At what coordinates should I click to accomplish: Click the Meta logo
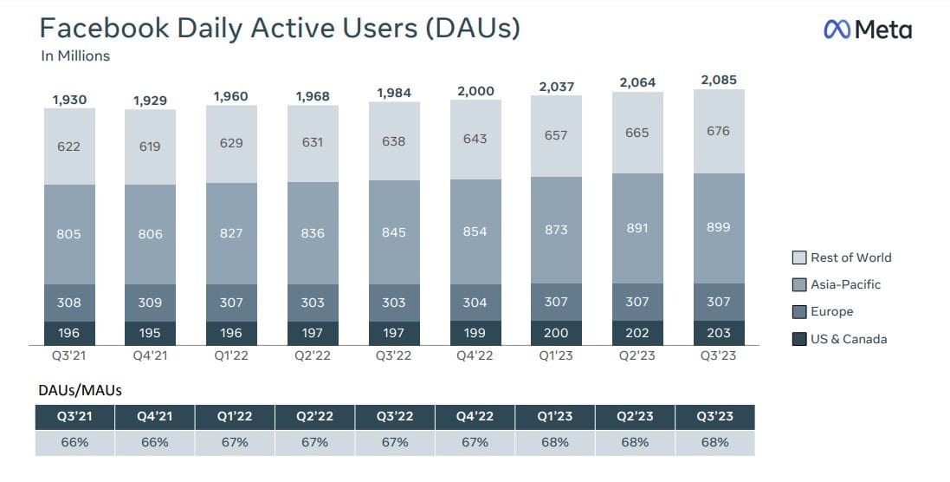866,29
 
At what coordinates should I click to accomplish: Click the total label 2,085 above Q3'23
718,79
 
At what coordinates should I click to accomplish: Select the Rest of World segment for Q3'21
68,147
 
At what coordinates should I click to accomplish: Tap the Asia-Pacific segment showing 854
475,231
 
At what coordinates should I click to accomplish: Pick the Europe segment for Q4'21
150,303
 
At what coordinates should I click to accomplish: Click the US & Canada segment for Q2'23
637,333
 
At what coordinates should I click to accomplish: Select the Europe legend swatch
799,312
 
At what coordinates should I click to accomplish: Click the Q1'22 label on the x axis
230,355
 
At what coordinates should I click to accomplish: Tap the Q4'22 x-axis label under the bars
475,355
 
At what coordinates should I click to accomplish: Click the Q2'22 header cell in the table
314,416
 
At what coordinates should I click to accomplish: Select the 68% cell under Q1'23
555,442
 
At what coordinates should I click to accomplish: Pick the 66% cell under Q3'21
74,442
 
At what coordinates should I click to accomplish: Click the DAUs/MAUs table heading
80,390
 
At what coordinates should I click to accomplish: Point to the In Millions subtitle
75,56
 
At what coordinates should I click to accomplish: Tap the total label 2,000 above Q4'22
475,91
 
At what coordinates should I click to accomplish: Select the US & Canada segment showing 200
556,333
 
